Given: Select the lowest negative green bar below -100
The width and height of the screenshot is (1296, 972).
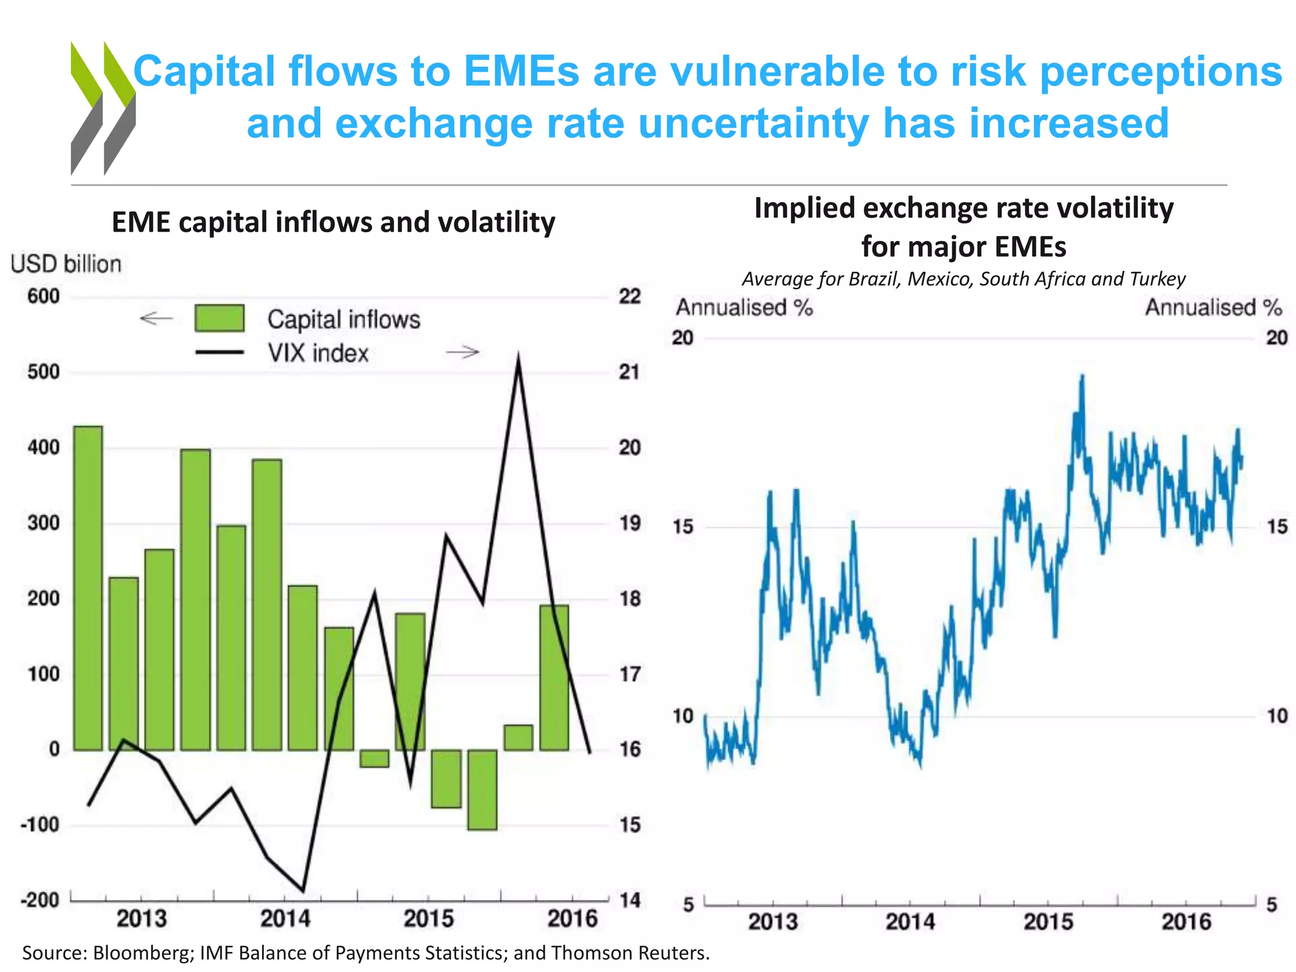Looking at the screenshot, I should pos(482,789).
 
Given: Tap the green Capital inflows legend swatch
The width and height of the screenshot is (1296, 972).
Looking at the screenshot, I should pos(220,318).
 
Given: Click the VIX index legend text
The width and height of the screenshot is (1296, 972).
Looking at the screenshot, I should pos(318,353).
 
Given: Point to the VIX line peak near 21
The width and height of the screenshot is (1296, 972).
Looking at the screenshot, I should pos(518,359).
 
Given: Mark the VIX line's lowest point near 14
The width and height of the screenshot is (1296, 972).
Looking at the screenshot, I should pos(303,890).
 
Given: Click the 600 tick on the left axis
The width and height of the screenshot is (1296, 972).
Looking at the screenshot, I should pos(43,296).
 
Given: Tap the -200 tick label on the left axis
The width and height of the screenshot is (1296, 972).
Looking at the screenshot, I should pos(39,899).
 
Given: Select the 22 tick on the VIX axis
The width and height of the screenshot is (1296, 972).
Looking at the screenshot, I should pos(630,296).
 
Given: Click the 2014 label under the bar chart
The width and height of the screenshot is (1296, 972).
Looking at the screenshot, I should pos(285,918).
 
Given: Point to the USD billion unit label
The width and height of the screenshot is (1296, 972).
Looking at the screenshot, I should pos(66,264).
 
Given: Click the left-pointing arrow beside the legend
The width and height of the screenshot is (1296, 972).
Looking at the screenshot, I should pos(156,318).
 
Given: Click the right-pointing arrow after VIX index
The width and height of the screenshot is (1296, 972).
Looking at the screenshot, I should pos(463,352).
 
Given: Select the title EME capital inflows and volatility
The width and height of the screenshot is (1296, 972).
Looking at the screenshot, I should pos(333,222).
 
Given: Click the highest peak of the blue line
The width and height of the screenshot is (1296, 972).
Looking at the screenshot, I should pos(1082,377).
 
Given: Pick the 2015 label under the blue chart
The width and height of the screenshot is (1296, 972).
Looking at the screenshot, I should pos(1049,921).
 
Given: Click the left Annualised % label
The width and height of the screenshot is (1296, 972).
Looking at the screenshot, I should pos(744,308).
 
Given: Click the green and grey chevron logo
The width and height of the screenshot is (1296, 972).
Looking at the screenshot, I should pos(103,108).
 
